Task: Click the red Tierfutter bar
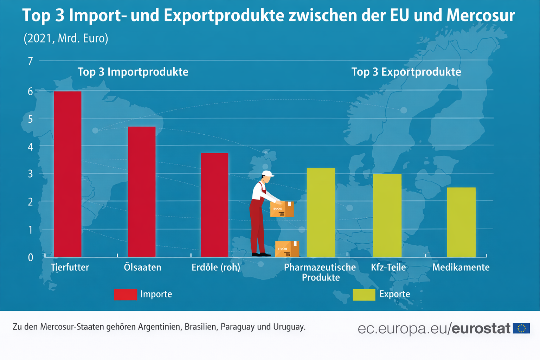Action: [x=67, y=174]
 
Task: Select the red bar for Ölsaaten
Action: [x=142, y=192]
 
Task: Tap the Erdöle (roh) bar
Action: [x=214, y=205]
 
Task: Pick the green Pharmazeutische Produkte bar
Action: [x=321, y=212]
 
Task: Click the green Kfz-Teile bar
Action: [x=387, y=215]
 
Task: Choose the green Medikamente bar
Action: [x=461, y=222]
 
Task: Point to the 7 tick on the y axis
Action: [x=31, y=61]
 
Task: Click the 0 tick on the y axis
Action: [x=31, y=257]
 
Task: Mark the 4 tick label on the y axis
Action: [x=31, y=147]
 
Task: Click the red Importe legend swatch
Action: [x=126, y=294]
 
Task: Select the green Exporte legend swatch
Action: [x=364, y=295]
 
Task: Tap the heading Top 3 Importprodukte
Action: [x=133, y=72]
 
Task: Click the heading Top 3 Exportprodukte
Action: [x=406, y=72]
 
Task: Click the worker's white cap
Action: [x=268, y=173]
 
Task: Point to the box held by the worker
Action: [x=282, y=209]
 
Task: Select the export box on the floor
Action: [x=287, y=249]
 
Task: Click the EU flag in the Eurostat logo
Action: [x=521, y=328]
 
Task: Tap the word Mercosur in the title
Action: [x=481, y=15]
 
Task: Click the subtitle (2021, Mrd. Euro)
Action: [x=66, y=38]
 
